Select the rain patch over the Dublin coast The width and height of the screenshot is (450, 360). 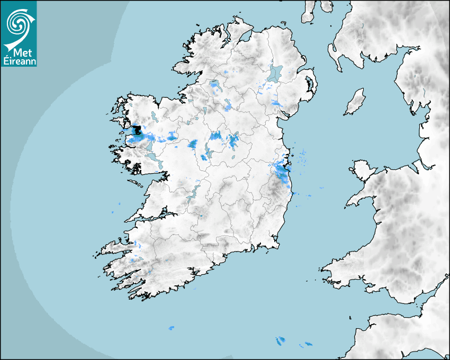click(280, 169)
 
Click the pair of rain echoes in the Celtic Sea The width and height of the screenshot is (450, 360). click(280, 341)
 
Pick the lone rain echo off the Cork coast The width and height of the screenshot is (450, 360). click(170, 328)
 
